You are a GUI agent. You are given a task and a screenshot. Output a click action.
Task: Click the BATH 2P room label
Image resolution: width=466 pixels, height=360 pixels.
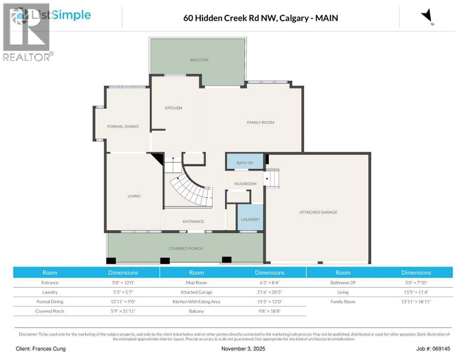245,163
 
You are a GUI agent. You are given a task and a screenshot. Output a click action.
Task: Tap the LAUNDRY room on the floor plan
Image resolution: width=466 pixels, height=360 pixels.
250,219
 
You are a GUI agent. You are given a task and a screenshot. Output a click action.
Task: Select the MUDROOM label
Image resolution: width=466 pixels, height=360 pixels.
245,184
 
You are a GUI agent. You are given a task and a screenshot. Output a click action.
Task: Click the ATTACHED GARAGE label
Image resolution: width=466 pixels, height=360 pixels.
318,212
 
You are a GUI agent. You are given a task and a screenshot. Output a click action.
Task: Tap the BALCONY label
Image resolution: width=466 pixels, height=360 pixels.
199,60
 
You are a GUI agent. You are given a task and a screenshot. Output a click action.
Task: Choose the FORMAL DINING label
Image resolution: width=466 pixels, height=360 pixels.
123,127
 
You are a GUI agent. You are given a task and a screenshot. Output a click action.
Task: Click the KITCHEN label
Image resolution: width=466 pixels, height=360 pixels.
173,108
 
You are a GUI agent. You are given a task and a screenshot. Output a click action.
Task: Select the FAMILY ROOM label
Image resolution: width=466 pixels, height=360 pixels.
260,122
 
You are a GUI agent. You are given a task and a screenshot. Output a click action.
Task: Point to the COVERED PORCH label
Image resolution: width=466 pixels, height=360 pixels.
185,248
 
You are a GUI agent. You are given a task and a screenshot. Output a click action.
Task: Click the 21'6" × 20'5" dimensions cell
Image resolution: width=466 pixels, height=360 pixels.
270,292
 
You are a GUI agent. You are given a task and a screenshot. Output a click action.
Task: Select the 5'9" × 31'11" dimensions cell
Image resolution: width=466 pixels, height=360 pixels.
123,311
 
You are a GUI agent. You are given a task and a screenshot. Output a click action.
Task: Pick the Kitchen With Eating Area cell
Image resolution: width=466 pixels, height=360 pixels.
196,301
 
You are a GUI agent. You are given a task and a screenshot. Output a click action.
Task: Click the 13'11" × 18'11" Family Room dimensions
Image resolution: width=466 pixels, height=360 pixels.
416,301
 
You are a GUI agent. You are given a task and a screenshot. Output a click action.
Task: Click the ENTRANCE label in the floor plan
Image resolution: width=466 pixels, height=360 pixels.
193,222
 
